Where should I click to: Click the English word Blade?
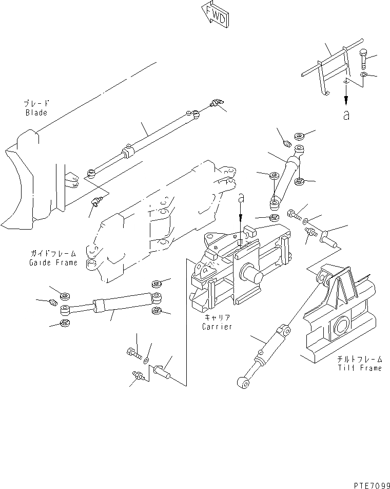(36, 112)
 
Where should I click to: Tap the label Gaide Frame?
(53, 262)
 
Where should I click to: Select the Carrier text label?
(217, 327)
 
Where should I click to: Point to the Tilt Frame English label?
(359, 368)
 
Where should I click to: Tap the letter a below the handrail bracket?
(347, 116)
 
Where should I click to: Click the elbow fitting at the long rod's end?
(218, 103)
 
